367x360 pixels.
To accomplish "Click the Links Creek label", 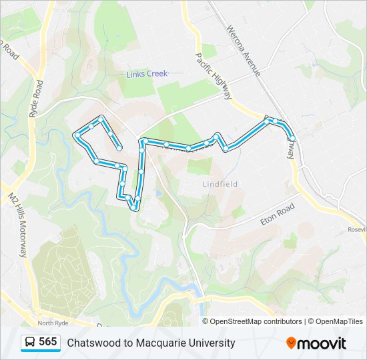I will (x=147, y=74).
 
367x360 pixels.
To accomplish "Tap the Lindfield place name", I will (x=220, y=184).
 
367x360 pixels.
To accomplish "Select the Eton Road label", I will (x=277, y=214).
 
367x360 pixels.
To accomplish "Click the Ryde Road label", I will (x=36, y=99).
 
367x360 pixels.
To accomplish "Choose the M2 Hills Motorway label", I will (x=18, y=225).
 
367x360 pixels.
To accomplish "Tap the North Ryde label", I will (x=53, y=323).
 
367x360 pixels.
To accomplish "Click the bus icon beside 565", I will (x=30, y=343).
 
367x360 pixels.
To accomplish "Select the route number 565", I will (x=48, y=342).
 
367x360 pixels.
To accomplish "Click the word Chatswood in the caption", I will (x=91, y=343).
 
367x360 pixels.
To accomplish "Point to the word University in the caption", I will (x=212, y=343).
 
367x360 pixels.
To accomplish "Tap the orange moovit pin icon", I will (x=291, y=343).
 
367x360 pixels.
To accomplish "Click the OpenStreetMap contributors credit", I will (x=256, y=321).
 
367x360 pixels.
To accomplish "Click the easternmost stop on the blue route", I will (x=292, y=138).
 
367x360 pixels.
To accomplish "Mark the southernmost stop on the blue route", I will (x=135, y=208).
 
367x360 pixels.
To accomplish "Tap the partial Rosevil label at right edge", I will (x=356, y=229).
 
